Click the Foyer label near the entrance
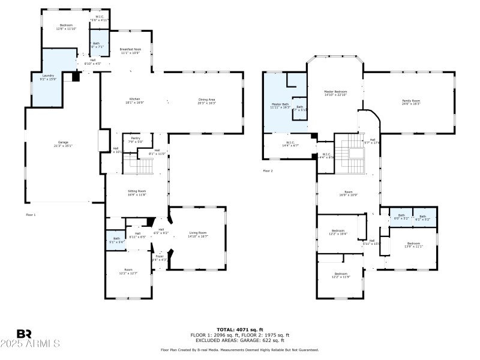pos(160,258)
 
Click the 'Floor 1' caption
pos(31,214)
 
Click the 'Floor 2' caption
pos(268,171)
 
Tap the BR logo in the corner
pos(24,334)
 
